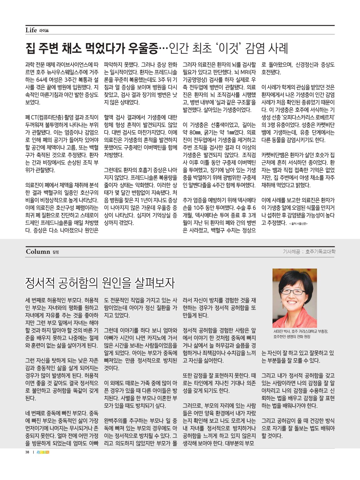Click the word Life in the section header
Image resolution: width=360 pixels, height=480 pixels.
tap(31, 30)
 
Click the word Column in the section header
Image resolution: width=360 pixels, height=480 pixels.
tap(38, 252)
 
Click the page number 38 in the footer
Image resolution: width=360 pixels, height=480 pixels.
tap(27, 452)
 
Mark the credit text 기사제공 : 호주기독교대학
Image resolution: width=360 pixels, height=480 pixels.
tap(309, 252)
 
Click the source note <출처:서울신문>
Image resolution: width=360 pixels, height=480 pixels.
tap(298, 224)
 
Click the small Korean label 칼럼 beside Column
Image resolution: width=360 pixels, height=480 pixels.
tap(56, 252)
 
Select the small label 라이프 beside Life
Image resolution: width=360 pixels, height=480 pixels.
tap(44, 31)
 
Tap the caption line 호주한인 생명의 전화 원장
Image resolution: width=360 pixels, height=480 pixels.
tap(292, 337)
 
